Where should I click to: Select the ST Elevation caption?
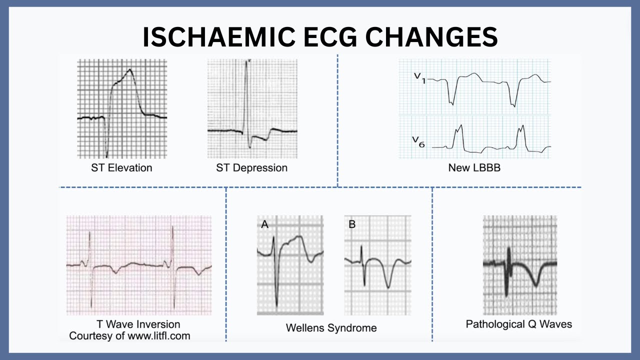121,167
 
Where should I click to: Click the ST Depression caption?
251,167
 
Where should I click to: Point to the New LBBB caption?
474,168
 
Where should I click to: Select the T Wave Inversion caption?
138,324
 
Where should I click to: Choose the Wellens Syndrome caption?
331,328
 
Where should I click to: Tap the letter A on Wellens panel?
265,225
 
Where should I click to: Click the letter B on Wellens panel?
352,224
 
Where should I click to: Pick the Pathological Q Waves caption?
518,324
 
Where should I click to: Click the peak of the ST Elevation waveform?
130,70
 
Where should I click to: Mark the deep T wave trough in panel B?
388,286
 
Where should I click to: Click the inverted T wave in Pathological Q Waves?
535,284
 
